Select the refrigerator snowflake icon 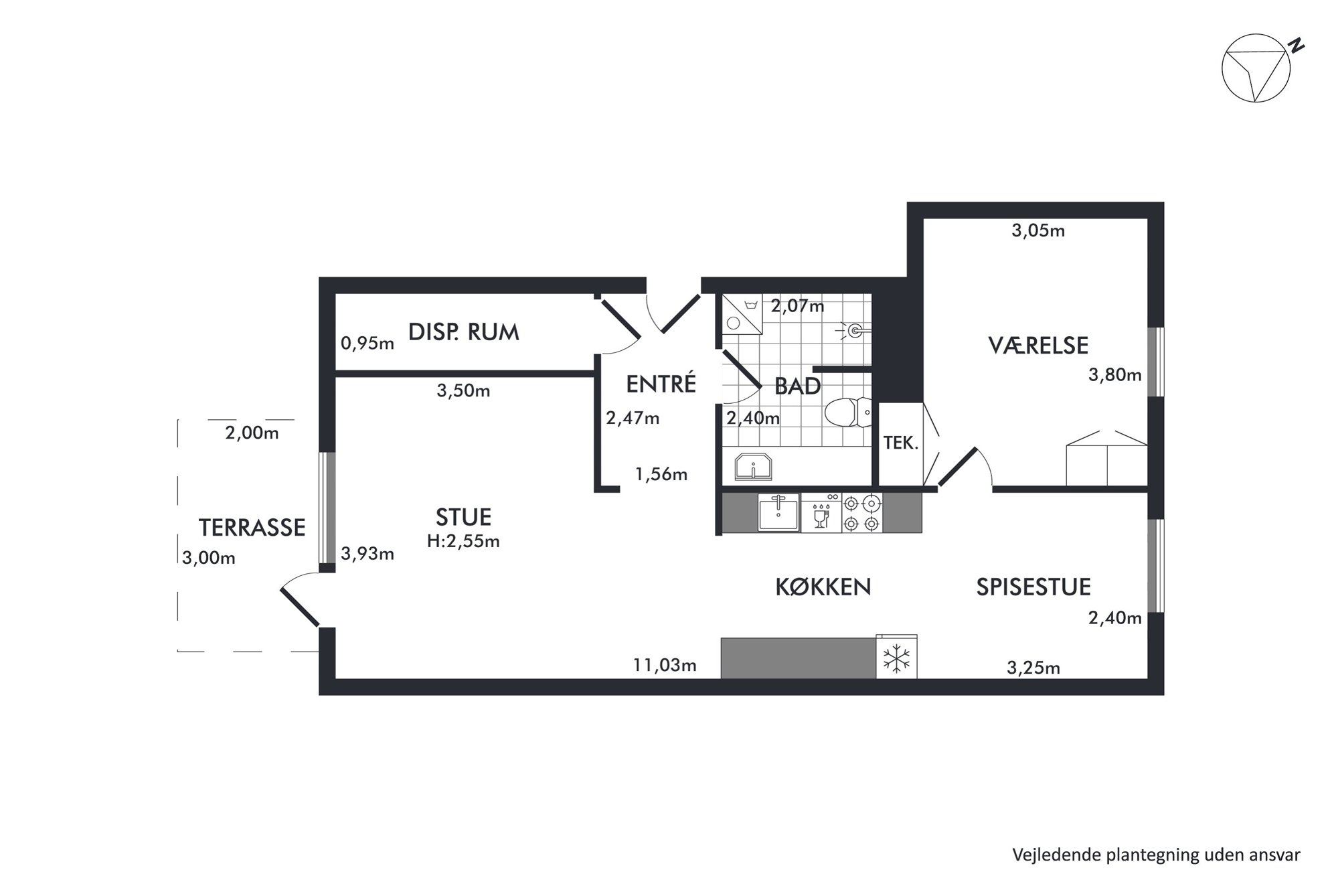(x=896, y=658)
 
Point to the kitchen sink (x=778, y=512)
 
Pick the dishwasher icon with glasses (x=821, y=513)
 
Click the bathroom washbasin (x=754, y=467)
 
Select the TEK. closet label (x=900, y=443)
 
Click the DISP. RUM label (x=464, y=332)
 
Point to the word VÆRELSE (x=1038, y=346)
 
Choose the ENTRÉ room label (x=661, y=384)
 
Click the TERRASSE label (x=252, y=528)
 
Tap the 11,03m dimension (x=665, y=665)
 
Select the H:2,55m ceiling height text (x=463, y=541)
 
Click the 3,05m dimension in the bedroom (x=1038, y=231)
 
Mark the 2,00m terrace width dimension (x=252, y=433)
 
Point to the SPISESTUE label (x=1033, y=587)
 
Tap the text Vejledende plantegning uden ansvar (x=1156, y=855)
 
